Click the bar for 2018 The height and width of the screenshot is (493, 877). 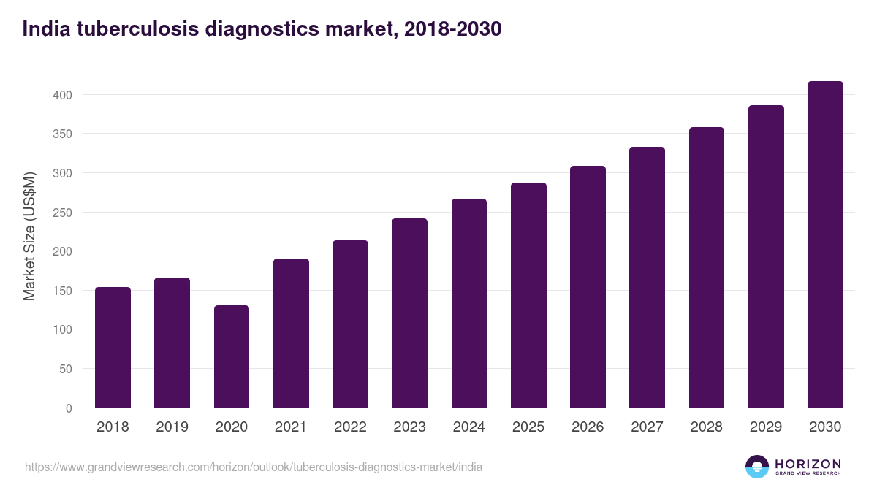tap(113, 348)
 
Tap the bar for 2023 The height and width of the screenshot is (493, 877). tap(409, 313)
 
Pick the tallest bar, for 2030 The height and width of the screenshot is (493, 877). tap(825, 245)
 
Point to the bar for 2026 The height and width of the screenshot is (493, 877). tap(588, 287)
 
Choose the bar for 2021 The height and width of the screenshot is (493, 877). tap(291, 333)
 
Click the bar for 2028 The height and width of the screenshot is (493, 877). tap(707, 267)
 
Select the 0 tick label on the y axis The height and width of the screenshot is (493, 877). tap(69, 408)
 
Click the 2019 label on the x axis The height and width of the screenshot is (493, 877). tap(172, 427)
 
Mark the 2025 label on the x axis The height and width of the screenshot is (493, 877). tap(528, 427)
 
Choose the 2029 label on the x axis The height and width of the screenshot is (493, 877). tap(766, 427)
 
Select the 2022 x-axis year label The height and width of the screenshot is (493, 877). tap(350, 427)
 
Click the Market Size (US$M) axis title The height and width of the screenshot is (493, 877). tap(29, 237)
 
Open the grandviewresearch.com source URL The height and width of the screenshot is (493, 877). tap(254, 467)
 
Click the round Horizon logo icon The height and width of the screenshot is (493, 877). tap(757, 467)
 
